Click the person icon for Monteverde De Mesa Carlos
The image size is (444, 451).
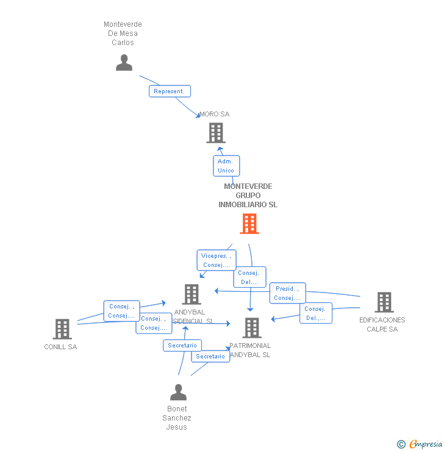pyautogui.click(x=124, y=63)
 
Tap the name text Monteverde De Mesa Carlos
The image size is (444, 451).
pyautogui.click(x=123, y=34)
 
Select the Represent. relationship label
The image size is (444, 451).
pyautogui.click(x=170, y=91)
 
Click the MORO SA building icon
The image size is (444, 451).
pyautogui.click(x=216, y=133)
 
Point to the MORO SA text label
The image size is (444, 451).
pyautogui.click(x=215, y=114)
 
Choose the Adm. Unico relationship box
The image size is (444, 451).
pyautogui.click(x=226, y=166)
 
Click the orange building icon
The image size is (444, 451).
pyautogui.click(x=249, y=224)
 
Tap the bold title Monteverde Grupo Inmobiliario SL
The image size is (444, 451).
pyautogui.click(x=248, y=196)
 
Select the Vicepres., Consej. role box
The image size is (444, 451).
pyautogui.click(x=216, y=260)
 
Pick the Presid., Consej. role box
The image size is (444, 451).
pyautogui.click(x=287, y=293)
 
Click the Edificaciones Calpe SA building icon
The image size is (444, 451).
pyautogui.click(x=384, y=302)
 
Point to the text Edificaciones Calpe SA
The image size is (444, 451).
pyautogui.click(x=382, y=324)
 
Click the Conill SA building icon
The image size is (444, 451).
pyautogui.click(x=62, y=329)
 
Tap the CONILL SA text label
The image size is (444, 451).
pyautogui.click(x=60, y=347)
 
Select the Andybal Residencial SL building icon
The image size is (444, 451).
pyautogui.click(x=192, y=294)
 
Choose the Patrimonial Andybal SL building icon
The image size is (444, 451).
pyautogui.click(x=251, y=328)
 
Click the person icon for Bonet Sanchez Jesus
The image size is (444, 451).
pyautogui.click(x=178, y=392)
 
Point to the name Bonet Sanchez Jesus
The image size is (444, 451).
pyautogui.click(x=177, y=417)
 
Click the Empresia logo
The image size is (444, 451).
pyautogui.click(x=425, y=444)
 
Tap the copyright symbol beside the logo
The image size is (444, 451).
pyautogui.click(x=401, y=444)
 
